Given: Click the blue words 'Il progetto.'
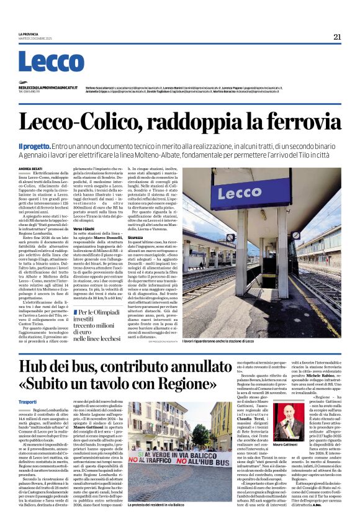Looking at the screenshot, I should pyautogui.click(x=35, y=145).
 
